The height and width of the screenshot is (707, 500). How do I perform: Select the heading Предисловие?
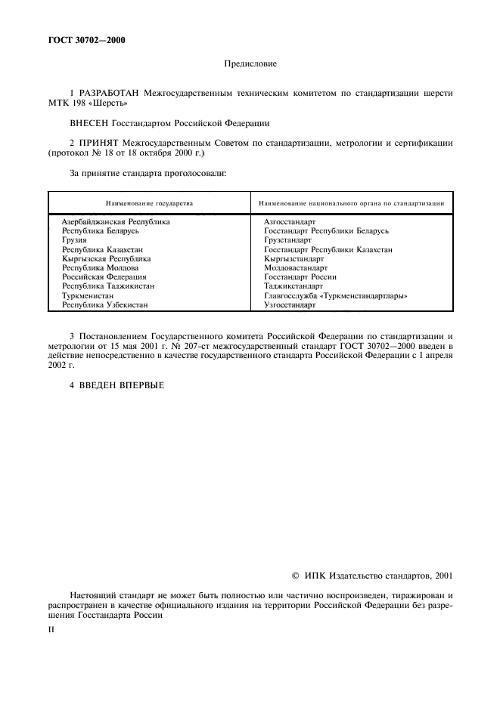pos(250,64)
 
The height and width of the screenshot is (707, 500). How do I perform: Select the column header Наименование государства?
pos(149,203)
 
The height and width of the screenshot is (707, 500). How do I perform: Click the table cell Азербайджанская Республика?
pos(115,222)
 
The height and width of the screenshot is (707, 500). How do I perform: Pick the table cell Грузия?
pos(74,239)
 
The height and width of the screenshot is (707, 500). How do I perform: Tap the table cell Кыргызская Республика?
pos(106,258)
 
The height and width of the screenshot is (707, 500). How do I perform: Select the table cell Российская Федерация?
pos(104,277)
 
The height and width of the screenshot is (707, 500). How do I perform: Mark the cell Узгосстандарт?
pos(290,305)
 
